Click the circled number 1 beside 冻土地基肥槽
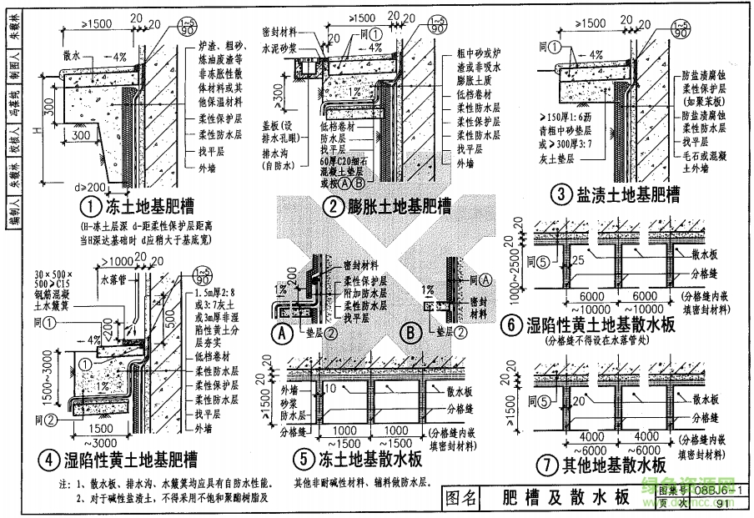[x=89, y=204]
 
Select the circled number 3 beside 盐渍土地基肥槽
[x=561, y=195]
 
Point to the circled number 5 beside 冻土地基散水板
[x=301, y=459]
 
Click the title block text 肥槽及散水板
[x=567, y=499]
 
